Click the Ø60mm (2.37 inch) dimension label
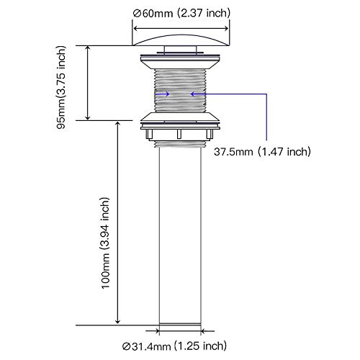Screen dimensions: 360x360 181,13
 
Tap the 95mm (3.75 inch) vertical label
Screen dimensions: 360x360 61,87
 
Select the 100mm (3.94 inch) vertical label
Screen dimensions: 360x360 106,243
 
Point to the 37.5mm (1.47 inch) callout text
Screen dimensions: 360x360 262,152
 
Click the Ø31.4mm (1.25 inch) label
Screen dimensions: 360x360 174,346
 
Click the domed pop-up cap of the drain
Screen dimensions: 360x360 181,40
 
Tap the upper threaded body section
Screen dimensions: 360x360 180,91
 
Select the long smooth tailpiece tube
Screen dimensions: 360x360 180,235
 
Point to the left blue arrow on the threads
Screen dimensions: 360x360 163,94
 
